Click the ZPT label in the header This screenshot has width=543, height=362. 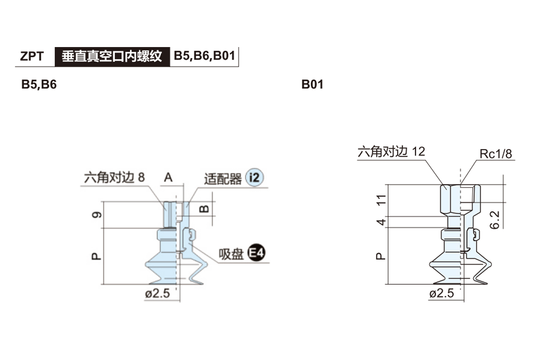(x=32, y=56)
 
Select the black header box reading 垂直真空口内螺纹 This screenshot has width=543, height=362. (x=112, y=56)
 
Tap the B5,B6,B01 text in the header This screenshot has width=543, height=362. (x=204, y=56)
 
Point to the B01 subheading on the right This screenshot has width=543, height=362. (x=312, y=85)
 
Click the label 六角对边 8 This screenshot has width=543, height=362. (x=114, y=177)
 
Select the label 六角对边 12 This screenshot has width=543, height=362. (x=391, y=152)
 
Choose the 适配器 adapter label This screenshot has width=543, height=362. (x=223, y=179)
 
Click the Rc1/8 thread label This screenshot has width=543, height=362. (x=496, y=154)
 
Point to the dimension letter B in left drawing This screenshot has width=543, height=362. (x=204, y=209)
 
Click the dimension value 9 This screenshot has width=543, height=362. (x=96, y=214)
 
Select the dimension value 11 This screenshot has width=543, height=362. (x=381, y=200)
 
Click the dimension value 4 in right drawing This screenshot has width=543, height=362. (x=381, y=222)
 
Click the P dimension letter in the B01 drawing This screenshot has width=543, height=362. (x=381, y=256)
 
